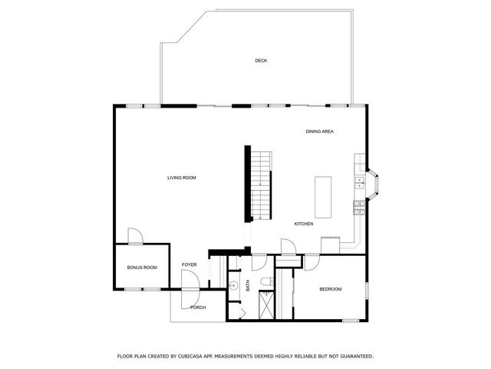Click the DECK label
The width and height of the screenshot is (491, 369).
tap(261, 60)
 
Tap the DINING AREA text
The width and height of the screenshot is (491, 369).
tap(319, 131)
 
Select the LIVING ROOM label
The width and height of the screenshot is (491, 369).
tap(182, 178)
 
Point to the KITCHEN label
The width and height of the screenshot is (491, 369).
tap(304, 224)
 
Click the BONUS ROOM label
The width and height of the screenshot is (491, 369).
tap(142, 268)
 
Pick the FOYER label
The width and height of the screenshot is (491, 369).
tap(189, 264)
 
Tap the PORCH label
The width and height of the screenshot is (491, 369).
tap(198, 307)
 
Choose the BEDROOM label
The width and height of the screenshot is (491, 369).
tap(330, 289)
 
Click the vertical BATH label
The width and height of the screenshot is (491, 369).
tap(248, 284)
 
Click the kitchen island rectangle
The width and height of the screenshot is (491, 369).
tap(323, 197)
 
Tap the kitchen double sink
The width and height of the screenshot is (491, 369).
tap(358, 183)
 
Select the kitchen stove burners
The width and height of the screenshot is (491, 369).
tap(358, 206)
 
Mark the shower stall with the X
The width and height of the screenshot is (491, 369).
tap(265, 306)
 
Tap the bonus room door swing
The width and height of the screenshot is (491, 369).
tap(134, 236)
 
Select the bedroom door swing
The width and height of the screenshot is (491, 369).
tap(311, 262)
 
